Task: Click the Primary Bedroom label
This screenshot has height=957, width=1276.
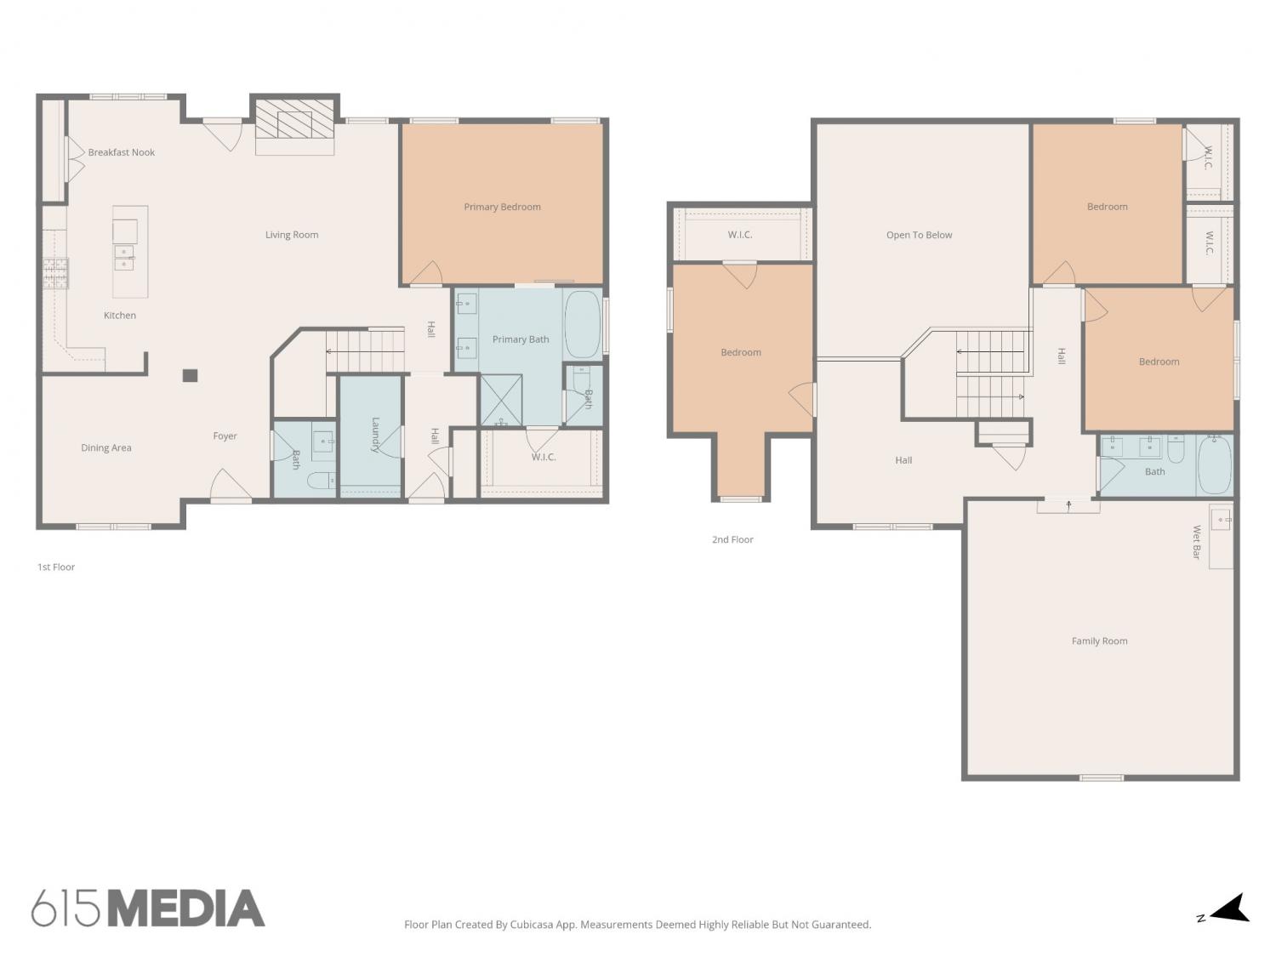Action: click(x=502, y=207)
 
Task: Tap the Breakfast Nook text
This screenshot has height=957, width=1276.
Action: click(x=122, y=152)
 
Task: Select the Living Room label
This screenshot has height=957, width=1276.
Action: click(x=292, y=235)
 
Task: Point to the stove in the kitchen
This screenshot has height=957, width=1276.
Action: click(x=56, y=273)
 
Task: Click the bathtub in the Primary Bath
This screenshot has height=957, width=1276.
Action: click(x=582, y=325)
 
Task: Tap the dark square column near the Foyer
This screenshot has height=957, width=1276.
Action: click(x=190, y=375)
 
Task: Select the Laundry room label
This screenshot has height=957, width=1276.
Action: click(x=375, y=435)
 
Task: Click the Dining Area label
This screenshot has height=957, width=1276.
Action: click(x=105, y=448)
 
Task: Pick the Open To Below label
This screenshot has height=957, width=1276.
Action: click(x=919, y=236)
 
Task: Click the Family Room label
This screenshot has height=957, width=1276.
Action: click(x=1099, y=641)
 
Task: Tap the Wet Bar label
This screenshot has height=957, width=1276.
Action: click(x=1196, y=542)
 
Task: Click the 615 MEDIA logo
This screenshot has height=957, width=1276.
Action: click(x=148, y=908)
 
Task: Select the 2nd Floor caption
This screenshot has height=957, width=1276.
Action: click(x=732, y=540)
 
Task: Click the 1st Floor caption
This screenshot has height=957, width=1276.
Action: click(x=56, y=567)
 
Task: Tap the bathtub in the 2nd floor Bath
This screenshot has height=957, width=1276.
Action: click(x=1215, y=464)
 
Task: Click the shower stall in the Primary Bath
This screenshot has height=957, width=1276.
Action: click(x=501, y=401)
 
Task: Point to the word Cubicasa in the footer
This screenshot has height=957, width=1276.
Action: click(x=532, y=925)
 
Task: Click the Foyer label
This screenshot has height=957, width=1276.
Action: click(x=225, y=436)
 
